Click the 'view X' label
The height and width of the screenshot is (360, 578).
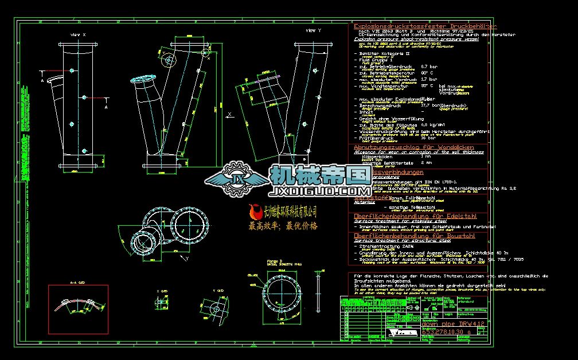[77, 36]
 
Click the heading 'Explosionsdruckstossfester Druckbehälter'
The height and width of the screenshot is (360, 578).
[425, 26]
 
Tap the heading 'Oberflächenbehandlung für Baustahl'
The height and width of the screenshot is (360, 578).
[414, 236]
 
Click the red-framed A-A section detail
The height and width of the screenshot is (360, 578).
[79, 308]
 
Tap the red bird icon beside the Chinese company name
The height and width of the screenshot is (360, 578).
[256, 213]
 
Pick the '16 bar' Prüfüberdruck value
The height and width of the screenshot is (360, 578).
[428, 138]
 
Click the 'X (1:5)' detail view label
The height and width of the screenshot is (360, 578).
[162, 291]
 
